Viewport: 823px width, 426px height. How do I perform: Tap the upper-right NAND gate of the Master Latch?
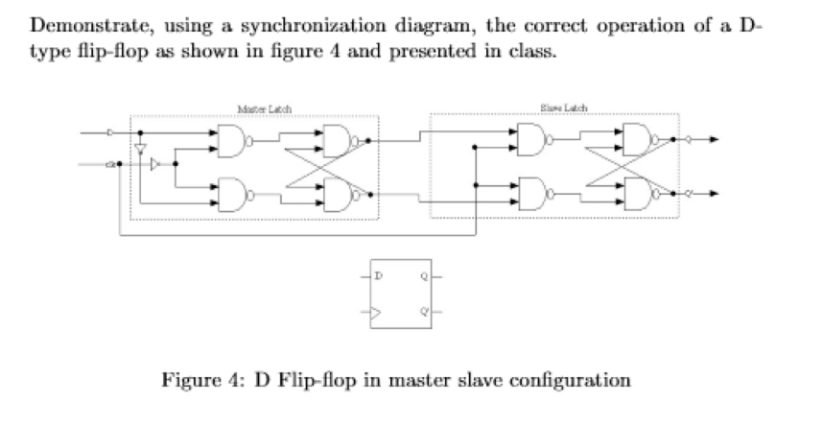click(338, 140)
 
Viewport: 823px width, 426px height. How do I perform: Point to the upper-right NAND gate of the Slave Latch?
click(634, 140)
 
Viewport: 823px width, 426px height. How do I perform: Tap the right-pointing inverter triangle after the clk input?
click(155, 164)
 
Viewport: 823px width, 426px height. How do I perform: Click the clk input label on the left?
click(112, 164)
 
